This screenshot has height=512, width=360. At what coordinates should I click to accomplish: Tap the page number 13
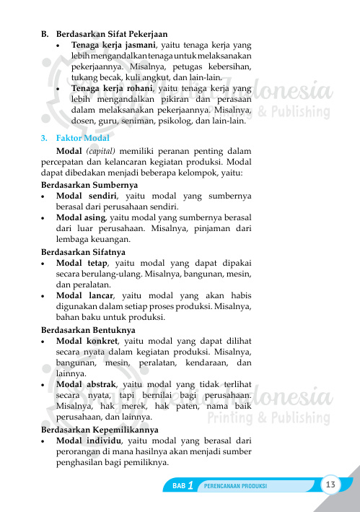pyautogui.click(x=332, y=483)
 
